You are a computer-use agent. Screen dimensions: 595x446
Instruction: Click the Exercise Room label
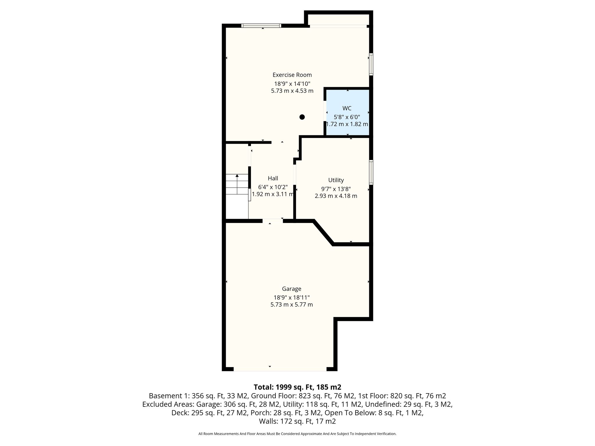pyautogui.click(x=292, y=75)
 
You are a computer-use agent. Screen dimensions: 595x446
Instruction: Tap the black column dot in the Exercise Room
pyautogui.click(x=302, y=117)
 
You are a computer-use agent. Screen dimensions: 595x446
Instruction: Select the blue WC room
pyautogui.click(x=347, y=112)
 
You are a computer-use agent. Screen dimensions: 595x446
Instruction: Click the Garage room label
pyautogui.click(x=291, y=289)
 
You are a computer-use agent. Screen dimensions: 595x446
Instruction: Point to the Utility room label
pyautogui.click(x=336, y=180)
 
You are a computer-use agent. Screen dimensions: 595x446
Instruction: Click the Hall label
pyautogui.click(x=273, y=178)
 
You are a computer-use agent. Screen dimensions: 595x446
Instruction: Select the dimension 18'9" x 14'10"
pyautogui.click(x=292, y=84)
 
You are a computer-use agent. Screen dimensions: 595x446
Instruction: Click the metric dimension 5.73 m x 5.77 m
pyautogui.click(x=291, y=305)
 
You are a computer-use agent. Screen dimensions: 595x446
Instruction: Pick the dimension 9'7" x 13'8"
pyautogui.click(x=336, y=189)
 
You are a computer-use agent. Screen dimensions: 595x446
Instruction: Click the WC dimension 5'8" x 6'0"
pyautogui.click(x=347, y=117)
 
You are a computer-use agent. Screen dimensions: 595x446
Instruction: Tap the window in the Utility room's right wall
pyautogui.click(x=371, y=172)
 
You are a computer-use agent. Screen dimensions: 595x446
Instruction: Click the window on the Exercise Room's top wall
pyautogui.click(x=261, y=26)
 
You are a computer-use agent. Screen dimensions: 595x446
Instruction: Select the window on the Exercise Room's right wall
pyautogui.click(x=371, y=64)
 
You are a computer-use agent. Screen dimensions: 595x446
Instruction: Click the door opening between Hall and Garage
pyautogui.click(x=273, y=221)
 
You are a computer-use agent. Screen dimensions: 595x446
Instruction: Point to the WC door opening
pyautogui.click(x=325, y=111)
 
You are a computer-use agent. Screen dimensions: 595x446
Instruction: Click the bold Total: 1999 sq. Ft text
pyautogui.click(x=297, y=387)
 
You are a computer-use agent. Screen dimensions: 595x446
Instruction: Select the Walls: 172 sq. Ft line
pyautogui.click(x=297, y=421)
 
